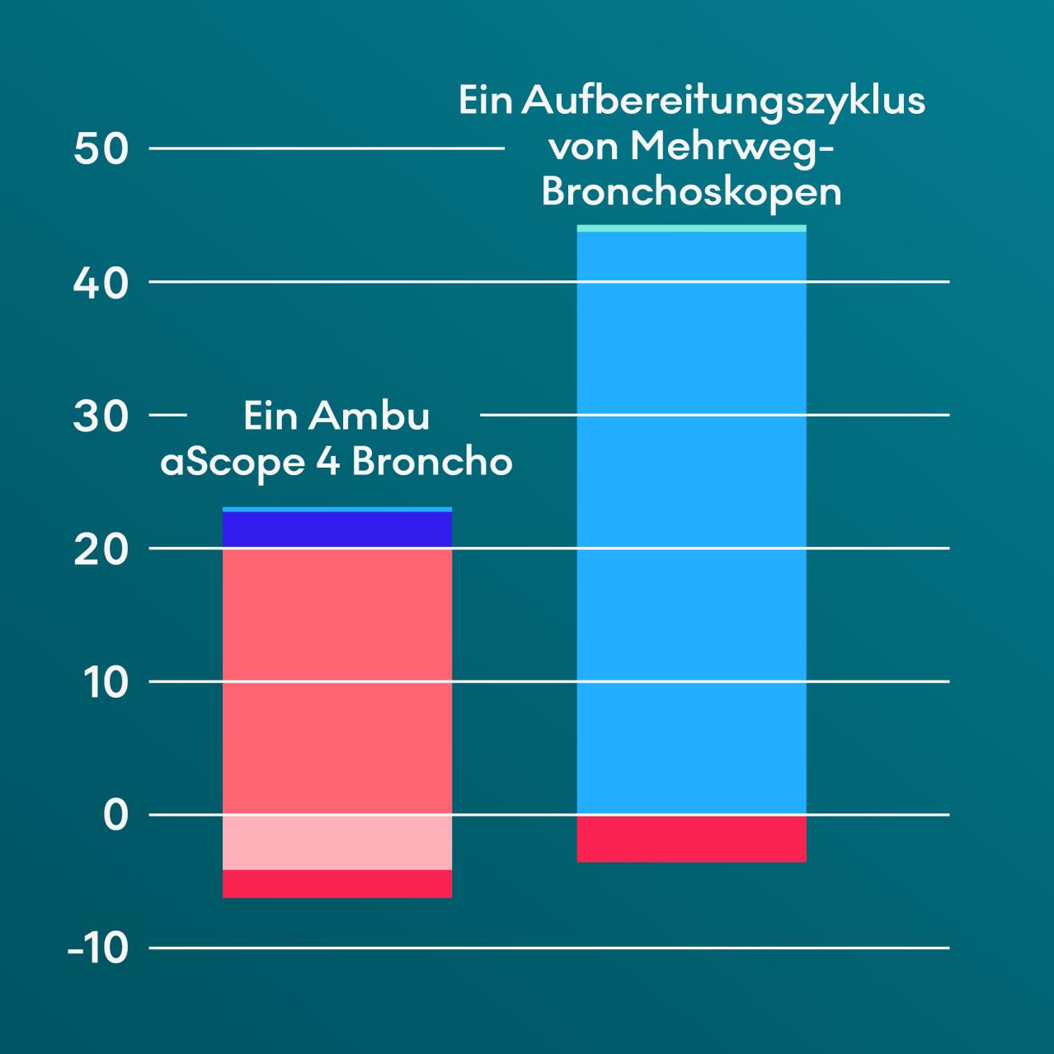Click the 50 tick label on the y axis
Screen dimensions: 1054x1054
pos(101,149)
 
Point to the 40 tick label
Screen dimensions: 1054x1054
pos(101,283)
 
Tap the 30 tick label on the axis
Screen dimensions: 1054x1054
pos(101,416)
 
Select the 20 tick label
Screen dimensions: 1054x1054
pos(101,549)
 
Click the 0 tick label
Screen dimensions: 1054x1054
pos(116,816)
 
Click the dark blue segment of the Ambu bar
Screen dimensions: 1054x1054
pos(337,529)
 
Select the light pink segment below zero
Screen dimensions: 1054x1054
pos(337,842)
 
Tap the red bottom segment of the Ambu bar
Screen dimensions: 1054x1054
pos(337,883)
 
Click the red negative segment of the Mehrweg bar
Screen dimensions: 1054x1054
pos(691,839)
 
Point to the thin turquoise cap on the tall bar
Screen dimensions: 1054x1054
pos(691,228)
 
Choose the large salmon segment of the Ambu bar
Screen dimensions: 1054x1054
pos(337,680)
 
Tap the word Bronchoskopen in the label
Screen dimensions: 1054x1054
pos(691,192)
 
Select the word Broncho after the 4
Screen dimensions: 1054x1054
pos(432,462)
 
